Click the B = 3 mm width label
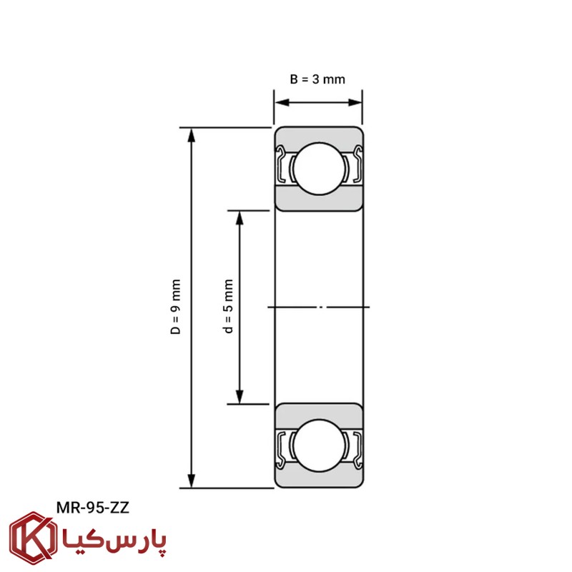point(317,79)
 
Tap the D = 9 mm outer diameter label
point(175,307)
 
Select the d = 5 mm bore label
point(228,307)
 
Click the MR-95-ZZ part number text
point(93,508)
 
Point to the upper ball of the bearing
point(319,169)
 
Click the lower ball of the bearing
point(319,445)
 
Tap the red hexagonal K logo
point(33,538)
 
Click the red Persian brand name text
point(114,541)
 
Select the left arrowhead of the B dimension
point(282,102)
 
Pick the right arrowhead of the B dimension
point(355,102)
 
